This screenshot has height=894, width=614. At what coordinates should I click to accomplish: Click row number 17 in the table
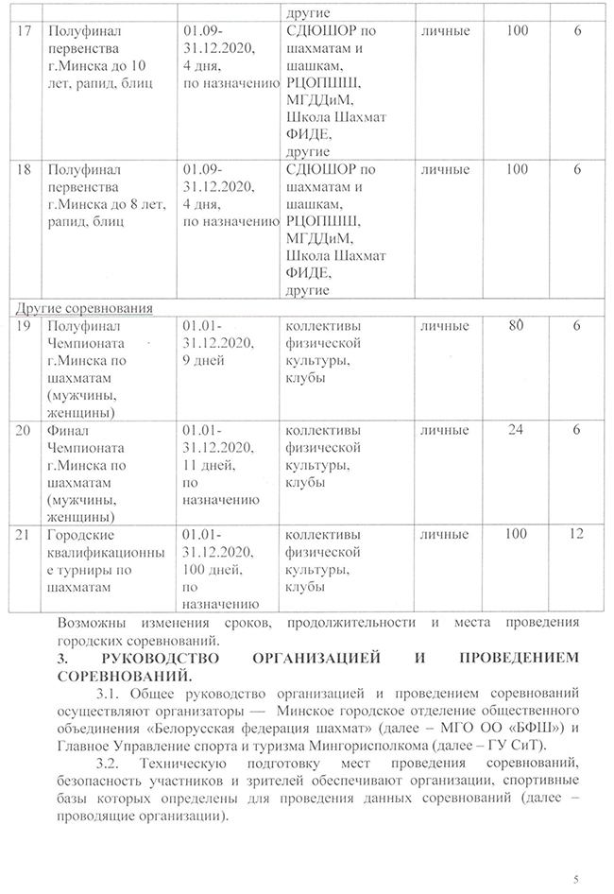(26, 32)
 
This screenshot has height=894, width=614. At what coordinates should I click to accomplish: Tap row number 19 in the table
(26, 326)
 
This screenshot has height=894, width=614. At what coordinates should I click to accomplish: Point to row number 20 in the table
(26, 431)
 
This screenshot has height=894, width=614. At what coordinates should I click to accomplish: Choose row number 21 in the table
(26, 535)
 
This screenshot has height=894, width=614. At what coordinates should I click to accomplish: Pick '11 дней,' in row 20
(212, 465)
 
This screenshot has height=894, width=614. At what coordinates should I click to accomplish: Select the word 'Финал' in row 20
(68, 431)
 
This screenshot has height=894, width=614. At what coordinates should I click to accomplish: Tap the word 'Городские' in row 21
(81, 535)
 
